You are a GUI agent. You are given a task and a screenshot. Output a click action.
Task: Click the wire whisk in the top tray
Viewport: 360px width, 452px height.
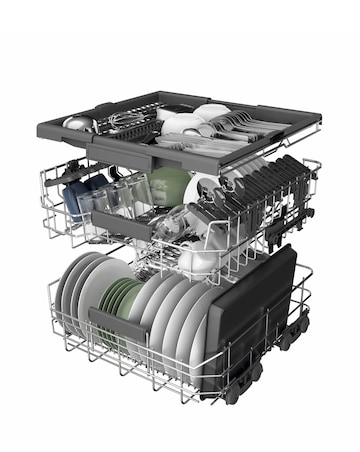point(120,120)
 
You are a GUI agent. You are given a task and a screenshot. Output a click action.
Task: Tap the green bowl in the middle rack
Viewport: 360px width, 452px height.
point(168,186)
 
